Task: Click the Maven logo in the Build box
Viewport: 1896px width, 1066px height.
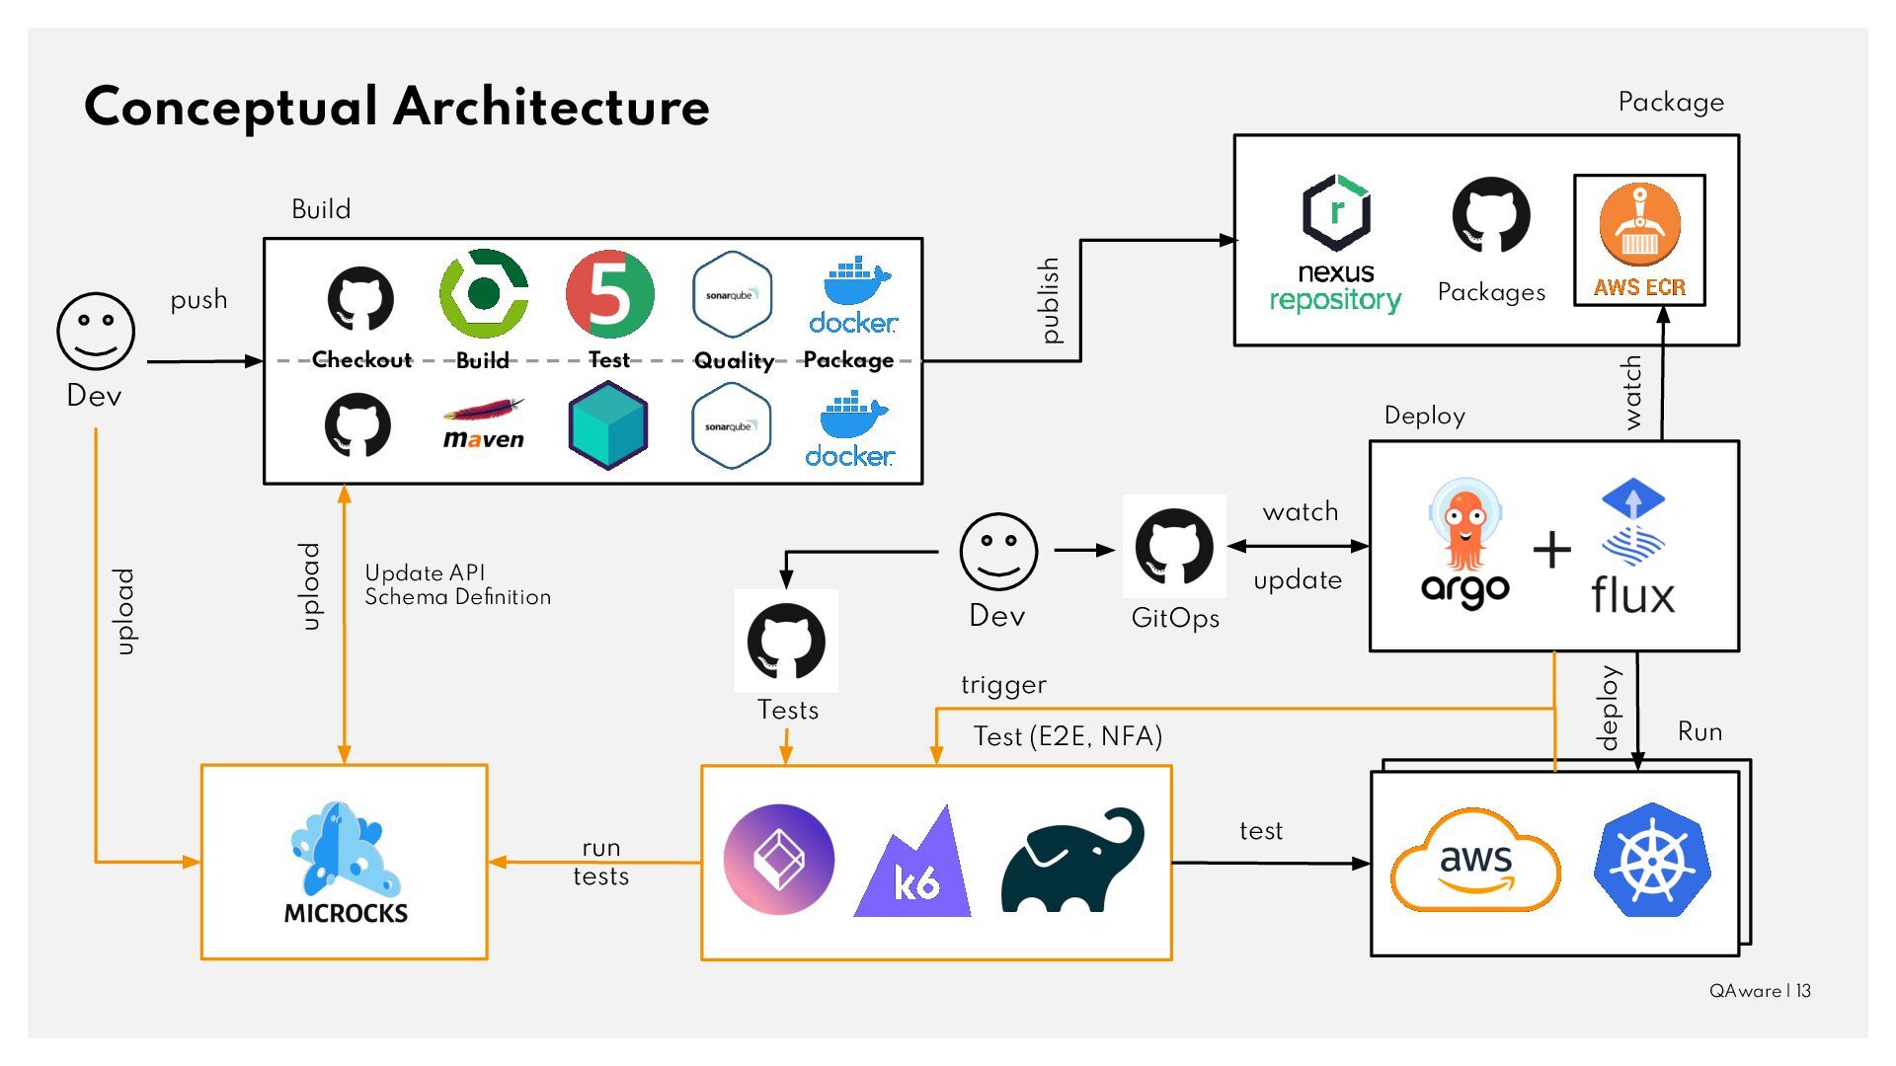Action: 483,424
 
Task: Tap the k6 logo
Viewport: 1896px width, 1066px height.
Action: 912,867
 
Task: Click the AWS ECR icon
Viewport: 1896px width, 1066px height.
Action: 1639,240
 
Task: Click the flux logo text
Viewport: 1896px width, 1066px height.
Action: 1633,595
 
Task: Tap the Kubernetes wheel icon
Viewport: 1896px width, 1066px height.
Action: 1652,860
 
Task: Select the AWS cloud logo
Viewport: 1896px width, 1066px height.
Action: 1475,860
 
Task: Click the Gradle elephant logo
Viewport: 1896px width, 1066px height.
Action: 1072,861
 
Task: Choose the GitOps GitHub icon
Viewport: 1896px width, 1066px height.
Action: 1174,546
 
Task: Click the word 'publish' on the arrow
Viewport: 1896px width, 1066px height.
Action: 1050,301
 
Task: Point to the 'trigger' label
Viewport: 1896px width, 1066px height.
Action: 1003,685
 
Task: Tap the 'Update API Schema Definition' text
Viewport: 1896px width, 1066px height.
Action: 457,585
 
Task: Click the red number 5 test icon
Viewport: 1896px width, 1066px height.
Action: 609,293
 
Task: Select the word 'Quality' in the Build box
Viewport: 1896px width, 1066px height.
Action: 734,360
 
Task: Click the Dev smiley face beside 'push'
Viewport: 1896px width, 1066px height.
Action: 96,331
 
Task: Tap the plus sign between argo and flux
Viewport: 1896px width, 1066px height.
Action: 1551,550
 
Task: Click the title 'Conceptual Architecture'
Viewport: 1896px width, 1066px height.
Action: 397,107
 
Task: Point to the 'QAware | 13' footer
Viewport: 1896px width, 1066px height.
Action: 1760,991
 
